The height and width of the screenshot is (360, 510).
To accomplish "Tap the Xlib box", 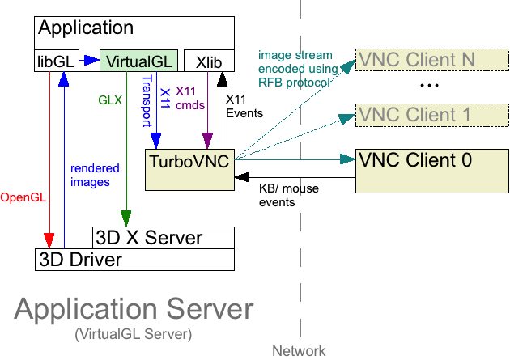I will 209,61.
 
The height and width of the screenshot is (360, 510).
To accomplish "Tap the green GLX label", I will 110,101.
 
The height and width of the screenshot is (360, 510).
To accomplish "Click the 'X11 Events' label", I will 244,106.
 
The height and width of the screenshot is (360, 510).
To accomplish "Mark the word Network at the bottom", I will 299,351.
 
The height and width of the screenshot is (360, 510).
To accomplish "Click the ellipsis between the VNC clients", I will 429,86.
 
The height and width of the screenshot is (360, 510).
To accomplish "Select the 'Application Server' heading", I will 134,310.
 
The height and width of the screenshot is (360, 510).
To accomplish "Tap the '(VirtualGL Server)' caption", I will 133,333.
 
